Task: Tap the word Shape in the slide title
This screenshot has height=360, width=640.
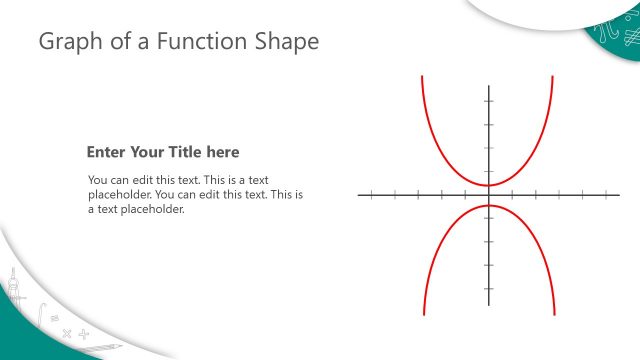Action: [x=287, y=42]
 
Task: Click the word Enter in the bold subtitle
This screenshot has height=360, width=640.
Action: [x=107, y=152]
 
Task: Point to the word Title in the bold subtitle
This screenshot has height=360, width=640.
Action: [x=186, y=152]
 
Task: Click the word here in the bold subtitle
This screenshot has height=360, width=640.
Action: [x=223, y=152]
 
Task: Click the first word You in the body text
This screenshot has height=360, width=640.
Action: [x=99, y=180]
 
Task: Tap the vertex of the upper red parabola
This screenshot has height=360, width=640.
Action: [x=488, y=185]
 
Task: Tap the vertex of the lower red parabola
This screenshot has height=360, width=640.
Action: [x=488, y=206]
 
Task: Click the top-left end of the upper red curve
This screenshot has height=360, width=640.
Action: [x=423, y=76]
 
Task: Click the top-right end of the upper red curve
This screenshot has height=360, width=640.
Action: [x=552, y=76]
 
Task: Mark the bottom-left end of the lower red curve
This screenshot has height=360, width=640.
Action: [x=424, y=314]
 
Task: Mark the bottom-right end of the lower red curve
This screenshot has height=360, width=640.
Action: [x=552, y=314]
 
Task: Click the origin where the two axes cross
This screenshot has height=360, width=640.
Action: [x=488, y=195]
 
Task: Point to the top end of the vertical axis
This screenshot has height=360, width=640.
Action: [x=488, y=87]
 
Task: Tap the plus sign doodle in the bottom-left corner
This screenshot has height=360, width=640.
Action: [x=84, y=333]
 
